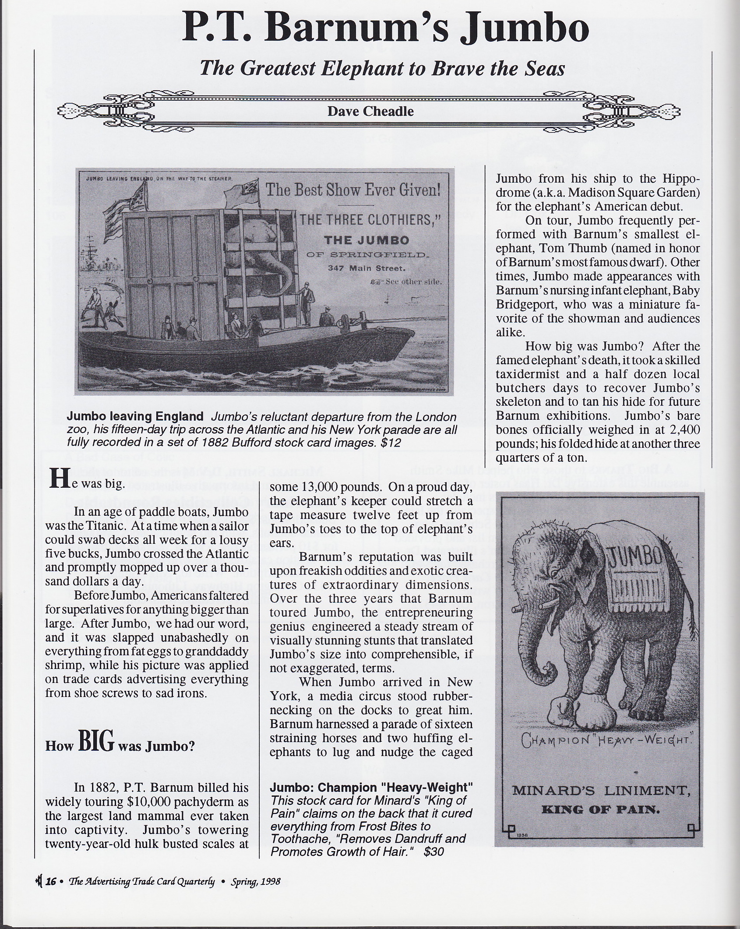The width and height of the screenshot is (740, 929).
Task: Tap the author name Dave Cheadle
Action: pyautogui.click(x=370, y=111)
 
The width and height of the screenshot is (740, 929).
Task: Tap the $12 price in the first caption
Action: pyautogui.click(x=391, y=443)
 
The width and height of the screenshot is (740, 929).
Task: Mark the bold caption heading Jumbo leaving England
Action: pyautogui.click(x=135, y=416)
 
